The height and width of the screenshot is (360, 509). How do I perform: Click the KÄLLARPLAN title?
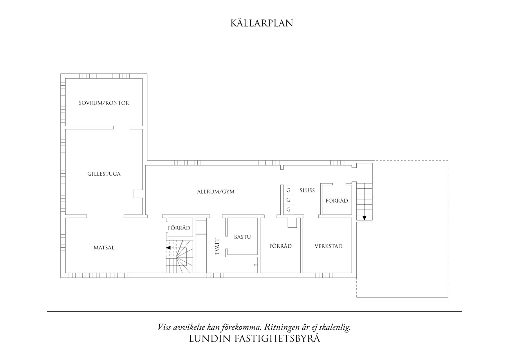(x=261, y=23)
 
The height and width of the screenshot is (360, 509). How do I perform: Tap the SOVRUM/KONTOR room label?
(x=104, y=103)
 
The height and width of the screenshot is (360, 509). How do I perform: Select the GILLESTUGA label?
(x=104, y=174)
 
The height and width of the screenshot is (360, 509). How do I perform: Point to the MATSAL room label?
(x=104, y=248)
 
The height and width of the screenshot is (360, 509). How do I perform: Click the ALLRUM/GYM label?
(x=216, y=192)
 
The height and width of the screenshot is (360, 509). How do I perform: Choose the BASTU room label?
(x=242, y=237)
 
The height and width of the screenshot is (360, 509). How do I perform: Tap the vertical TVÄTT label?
(x=217, y=247)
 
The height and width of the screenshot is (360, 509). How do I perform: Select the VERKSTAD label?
(x=328, y=246)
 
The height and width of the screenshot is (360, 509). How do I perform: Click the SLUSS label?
(x=307, y=190)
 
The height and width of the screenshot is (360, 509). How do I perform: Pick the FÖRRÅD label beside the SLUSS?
(x=337, y=201)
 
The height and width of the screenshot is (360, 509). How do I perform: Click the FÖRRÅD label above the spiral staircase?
(x=179, y=228)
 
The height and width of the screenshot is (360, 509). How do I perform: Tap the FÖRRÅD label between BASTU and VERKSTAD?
(x=280, y=246)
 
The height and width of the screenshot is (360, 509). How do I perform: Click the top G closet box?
(x=288, y=190)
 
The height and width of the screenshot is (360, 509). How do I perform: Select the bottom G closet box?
(x=288, y=210)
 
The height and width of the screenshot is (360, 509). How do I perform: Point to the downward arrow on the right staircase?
(x=364, y=218)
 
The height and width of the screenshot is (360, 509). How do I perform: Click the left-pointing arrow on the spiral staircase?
(x=168, y=248)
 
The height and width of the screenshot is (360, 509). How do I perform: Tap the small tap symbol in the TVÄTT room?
(x=256, y=265)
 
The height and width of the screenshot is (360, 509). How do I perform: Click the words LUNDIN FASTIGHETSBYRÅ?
(x=254, y=339)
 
